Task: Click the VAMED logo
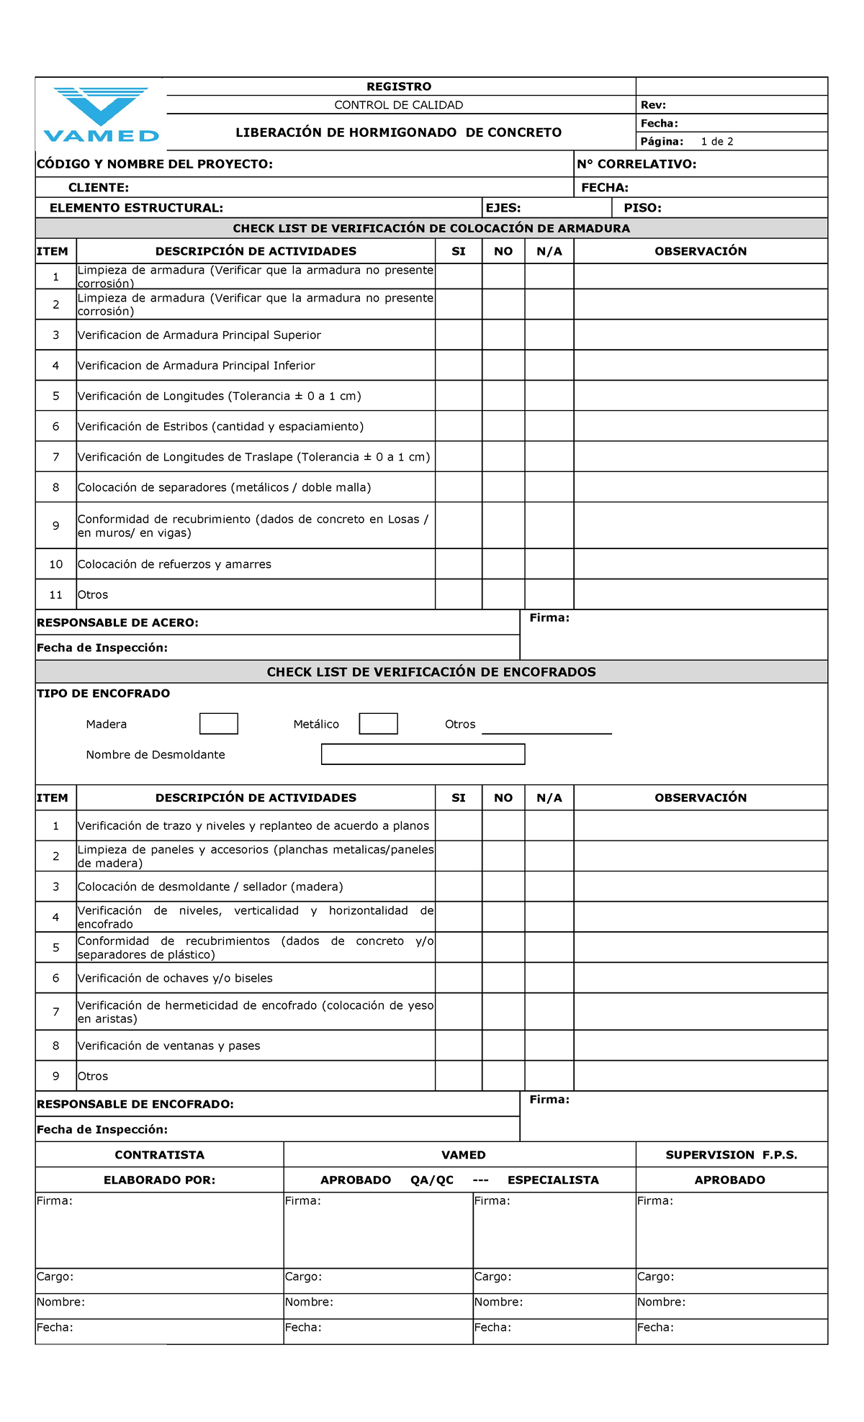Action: click(x=101, y=115)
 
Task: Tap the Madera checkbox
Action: click(x=219, y=724)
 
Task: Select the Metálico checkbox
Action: click(x=378, y=724)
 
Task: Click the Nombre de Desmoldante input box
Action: click(x=423, y=754)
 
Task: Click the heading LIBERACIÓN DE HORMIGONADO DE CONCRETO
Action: click(x=398, y=132)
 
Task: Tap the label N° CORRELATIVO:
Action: click(x=636, y=164)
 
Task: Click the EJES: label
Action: click(x=503, y=208)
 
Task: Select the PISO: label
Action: click(x=642, y=208)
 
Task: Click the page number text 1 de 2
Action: click(x=716, y=142)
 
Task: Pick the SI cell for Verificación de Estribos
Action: click(x=459, y=426)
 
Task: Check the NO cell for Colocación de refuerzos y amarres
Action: click(x=503, y=564)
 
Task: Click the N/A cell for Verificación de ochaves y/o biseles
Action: click(x=549, y=978)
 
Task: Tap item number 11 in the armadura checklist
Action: click(x=56, y=595)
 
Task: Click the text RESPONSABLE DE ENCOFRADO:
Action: click(x=135, y=1104)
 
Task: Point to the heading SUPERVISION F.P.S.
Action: click(x=731, y=1155)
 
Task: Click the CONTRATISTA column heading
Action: click(x=159, y=1155)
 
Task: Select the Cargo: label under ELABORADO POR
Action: click(x=55, y=1277)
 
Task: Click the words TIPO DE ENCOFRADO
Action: click(x=103, y=694)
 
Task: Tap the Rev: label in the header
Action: click(x=653, y=105)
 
